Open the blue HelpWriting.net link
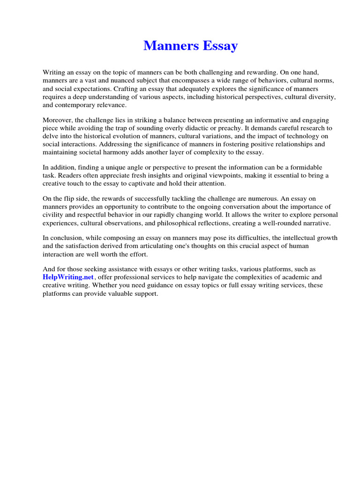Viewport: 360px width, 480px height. click(x=68, y=277)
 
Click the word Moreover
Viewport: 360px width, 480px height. click(x=58, y=120)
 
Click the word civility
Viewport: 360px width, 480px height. click(x=54, y=215)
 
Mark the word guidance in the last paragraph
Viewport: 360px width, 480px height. click(x=171, y=285)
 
